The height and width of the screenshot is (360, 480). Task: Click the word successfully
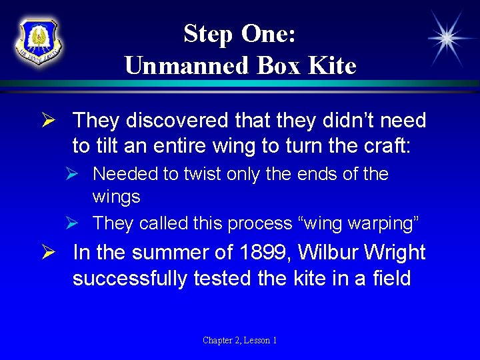pyautogui.click(x=130, y=277)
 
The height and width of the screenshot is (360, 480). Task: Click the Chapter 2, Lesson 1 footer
pyautogui.click(x=240, y=341)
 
